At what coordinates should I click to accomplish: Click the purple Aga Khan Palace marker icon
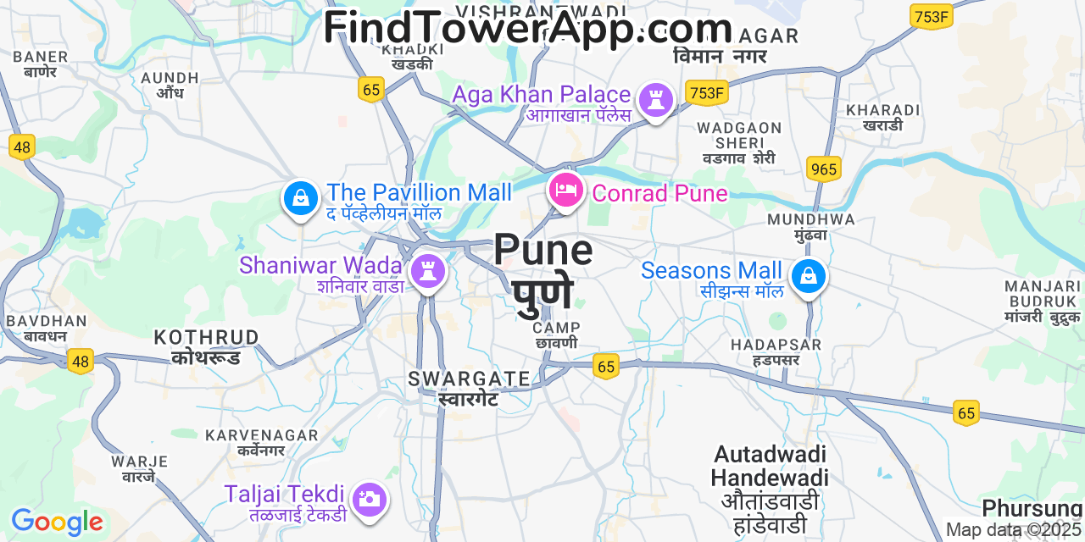coord(655,100)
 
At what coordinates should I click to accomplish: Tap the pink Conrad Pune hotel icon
coord(565,189)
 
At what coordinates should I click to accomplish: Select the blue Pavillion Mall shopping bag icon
coord(300,198)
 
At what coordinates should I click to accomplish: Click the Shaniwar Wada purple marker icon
coord(427,272)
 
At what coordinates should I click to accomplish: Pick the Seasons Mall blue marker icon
coord(809,276)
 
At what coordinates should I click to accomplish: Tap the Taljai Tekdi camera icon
coord(369,499)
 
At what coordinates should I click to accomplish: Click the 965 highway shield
coord(822,169)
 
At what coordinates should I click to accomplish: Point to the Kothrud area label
coord(206,346)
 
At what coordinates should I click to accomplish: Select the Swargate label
coord(469,387)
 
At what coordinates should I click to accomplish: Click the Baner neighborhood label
coord(40,64)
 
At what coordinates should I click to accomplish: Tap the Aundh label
coord(170,85)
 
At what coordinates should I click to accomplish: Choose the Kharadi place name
coord(882,117)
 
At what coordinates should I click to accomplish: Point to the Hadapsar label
coord(776,351)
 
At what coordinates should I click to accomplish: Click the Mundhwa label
coord(810,226)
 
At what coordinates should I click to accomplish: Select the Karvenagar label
coord(261,442)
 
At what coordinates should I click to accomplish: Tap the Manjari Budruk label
coord(1043,301)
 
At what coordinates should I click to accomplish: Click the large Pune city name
coord(543,271)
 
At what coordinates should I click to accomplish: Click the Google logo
coord(56,522)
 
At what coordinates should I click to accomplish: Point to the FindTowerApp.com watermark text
coord(527,28)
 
